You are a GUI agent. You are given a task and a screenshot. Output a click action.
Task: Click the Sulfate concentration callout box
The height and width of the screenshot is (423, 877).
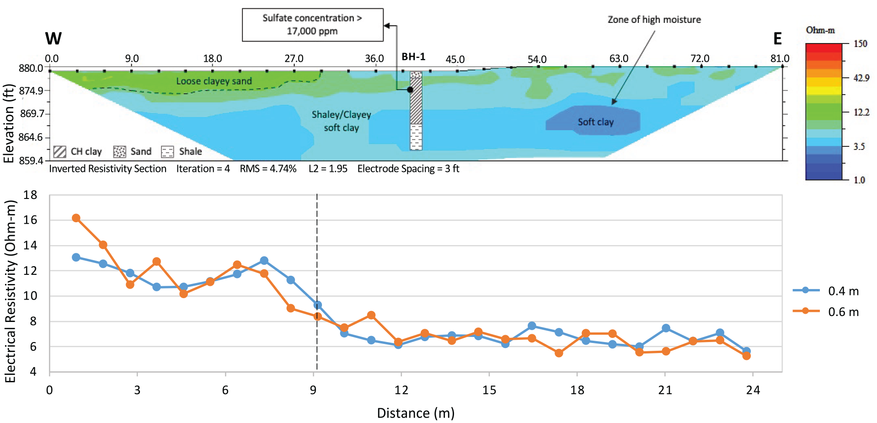[313, 25]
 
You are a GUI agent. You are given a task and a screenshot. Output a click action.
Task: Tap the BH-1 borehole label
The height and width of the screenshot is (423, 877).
[413, 57]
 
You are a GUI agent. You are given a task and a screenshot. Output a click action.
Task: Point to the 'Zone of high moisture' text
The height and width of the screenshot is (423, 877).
[654, 20]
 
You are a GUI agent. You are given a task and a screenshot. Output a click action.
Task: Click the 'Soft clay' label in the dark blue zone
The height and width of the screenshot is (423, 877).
[595, 122]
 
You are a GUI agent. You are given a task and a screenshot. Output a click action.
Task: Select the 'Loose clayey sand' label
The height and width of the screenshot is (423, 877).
[214, 81]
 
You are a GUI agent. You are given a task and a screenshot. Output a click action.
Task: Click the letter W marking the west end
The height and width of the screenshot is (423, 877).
[53, 38]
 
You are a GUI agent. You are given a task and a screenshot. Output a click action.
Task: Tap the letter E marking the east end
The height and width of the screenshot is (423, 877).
[777, 38]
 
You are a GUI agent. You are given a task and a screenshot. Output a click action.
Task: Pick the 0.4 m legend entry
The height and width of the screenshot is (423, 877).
[826, 291]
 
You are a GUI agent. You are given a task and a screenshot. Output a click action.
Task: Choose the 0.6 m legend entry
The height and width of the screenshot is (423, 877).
[826, 312]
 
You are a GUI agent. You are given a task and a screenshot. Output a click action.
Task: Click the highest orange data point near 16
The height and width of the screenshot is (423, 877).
[76, 218]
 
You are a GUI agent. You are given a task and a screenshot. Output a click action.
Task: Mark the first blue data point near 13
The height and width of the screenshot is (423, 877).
[76, 257]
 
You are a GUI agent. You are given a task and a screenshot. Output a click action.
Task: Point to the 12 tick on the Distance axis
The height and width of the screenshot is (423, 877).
[401, 390]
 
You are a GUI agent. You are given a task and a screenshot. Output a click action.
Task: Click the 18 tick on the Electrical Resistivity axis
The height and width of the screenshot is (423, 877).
[30, 195]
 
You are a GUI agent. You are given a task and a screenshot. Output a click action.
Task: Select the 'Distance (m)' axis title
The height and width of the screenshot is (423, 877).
[416, 413]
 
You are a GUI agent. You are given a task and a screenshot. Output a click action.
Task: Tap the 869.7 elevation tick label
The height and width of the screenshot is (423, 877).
[32, 113]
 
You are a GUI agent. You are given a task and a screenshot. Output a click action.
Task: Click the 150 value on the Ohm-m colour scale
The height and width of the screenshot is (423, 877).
[860, 44]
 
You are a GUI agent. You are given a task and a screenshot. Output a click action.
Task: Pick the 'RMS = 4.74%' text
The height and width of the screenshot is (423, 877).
[268, 169]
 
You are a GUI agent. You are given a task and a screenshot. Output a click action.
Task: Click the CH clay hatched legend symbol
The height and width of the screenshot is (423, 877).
[60, 152]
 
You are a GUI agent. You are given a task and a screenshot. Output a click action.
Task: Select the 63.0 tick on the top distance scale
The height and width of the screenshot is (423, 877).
[619, 59]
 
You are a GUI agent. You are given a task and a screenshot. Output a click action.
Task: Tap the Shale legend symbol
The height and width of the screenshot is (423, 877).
[167, 152]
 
